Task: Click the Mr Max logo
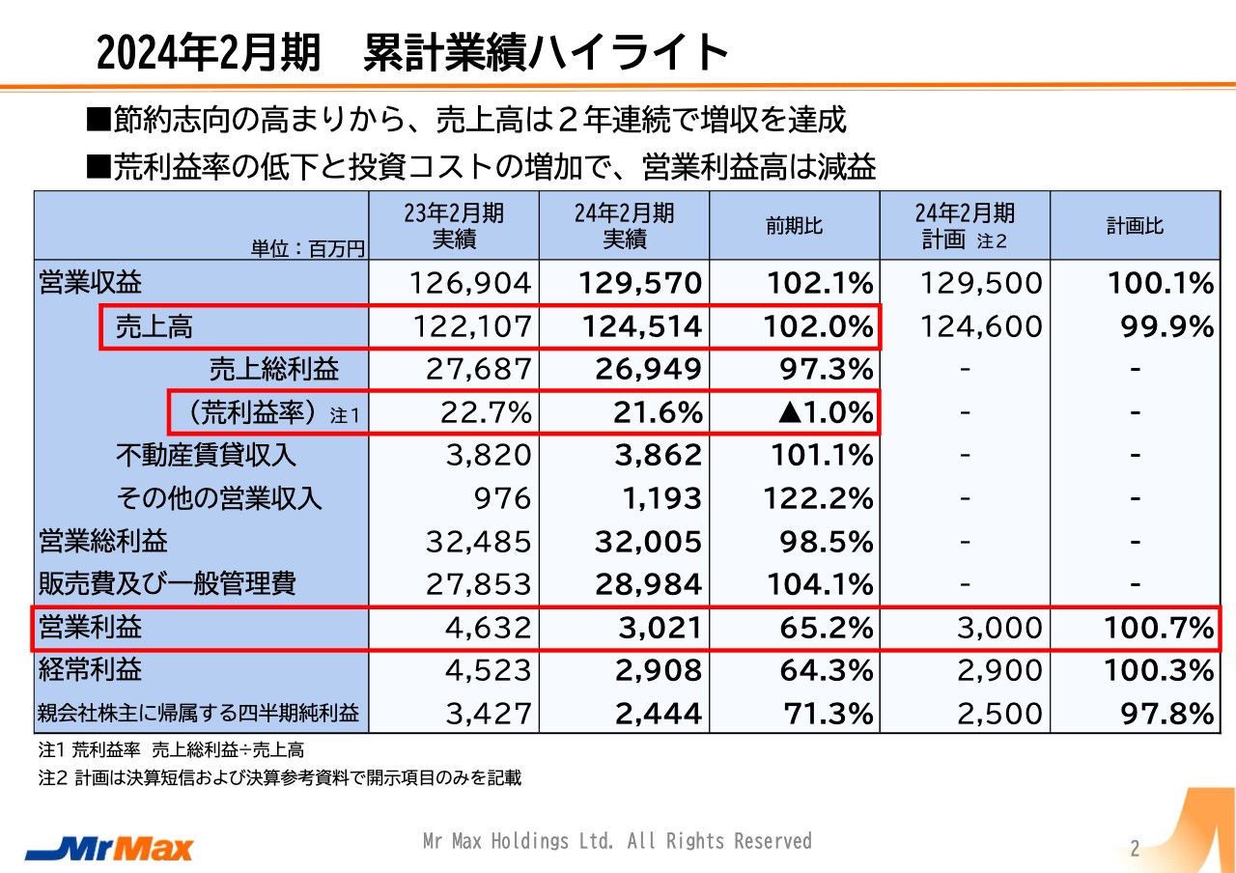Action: (x=109, y=848)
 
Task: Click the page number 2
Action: (x=1136, y=849)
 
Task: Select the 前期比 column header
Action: (x=794, y=226)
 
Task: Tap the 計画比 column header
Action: (x=1135, y=226)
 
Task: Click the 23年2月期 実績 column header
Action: (x=454, y=226)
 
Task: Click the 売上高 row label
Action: (x=154, y=326)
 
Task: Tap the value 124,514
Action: (x=641, y=326)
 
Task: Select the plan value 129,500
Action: (x=983, y=283)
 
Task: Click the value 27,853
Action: (x=479, y=584)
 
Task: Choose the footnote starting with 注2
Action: (x=279, y=778)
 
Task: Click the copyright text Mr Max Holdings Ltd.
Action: (x=617, y=841)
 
